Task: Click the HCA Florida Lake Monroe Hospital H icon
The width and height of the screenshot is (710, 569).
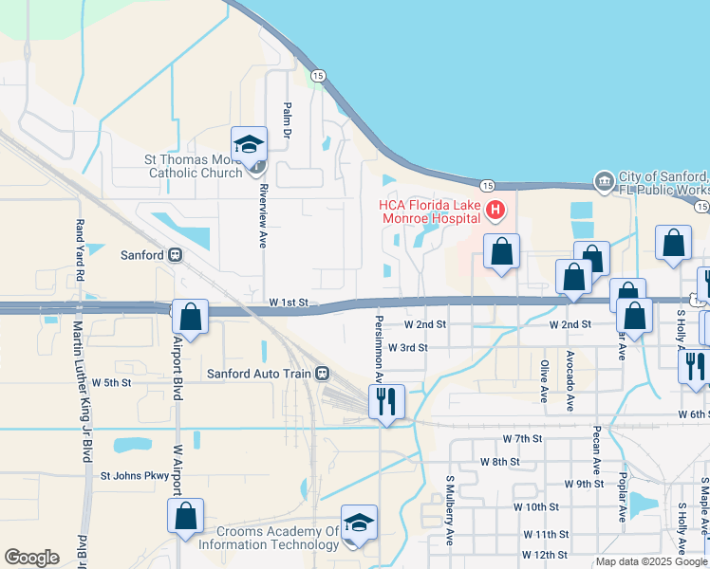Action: (x=494, y=211)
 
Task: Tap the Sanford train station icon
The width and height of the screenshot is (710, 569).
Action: (x=175, y=254)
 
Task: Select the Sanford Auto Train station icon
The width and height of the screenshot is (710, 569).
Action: (x=324, y=374)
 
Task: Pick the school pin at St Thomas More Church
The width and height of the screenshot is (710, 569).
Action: (x=249, y=144)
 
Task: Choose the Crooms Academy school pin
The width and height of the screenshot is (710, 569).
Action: (x=359, y=523)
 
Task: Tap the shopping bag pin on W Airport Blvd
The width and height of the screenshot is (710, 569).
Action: (x=186, y=516)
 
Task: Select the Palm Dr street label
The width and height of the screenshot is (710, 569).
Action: (x=286, y=119)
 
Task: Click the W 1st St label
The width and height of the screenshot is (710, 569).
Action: (x=290, y=302)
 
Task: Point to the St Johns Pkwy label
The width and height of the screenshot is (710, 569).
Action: (x=140, y=476)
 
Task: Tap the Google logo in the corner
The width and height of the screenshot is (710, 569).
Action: (x=30, y=558)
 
